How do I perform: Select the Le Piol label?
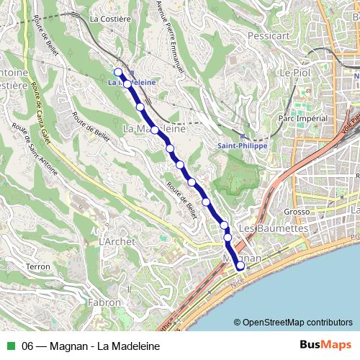click(294, 73)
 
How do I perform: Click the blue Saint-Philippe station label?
click(242, 145)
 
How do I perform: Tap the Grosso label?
click(297, 212)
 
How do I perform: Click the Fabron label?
click(104, 302)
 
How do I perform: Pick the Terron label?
click(37, 266)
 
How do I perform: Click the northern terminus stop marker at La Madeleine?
click(118, 71)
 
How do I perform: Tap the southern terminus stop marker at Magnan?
click(240, 267)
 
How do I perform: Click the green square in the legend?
click(10, 346)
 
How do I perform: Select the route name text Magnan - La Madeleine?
click(111, 346)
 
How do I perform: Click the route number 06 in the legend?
click(30, 346)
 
